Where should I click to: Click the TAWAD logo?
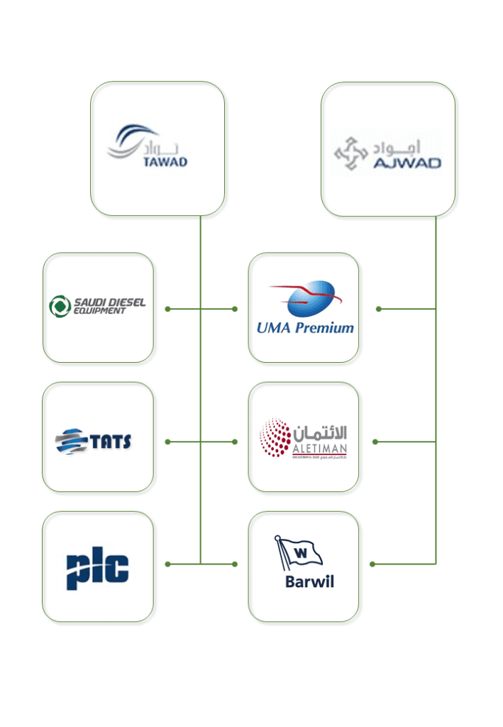(148, 147)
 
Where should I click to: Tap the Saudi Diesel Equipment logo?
(97, 306)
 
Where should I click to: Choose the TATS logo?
(94, 441)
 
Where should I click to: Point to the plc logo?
(98, 568)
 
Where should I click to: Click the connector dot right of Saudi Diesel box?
(167, 309)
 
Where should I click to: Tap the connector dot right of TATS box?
(167, 442)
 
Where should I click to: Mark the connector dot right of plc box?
(167, 564)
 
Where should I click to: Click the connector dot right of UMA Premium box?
(378, 309)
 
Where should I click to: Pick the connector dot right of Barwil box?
(372, 564)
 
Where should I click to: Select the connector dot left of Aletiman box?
(235, 442)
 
